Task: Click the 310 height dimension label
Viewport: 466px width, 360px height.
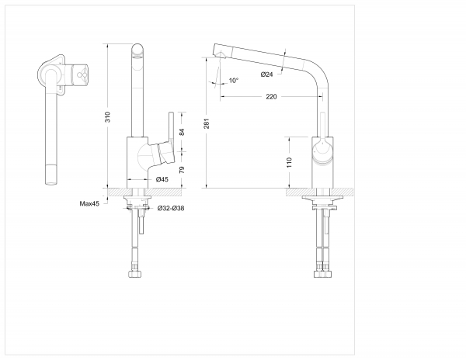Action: (x=109, y=117)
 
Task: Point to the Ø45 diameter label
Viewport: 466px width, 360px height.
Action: (x=162, y=179)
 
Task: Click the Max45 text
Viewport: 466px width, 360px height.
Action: (x=89, y=203)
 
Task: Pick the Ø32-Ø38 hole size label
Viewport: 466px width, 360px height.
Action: (x=170, y=209)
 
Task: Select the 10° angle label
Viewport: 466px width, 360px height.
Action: (x=234, y=81)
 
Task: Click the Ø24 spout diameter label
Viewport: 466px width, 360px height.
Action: (x=266, y=74)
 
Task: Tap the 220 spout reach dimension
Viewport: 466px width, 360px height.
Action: (x=271, y=97)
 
